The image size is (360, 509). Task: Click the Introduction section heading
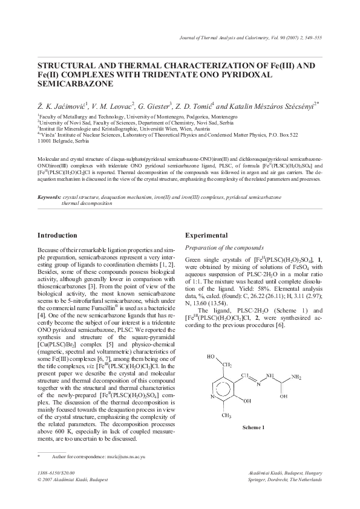pyautogui.click(x=57, y=235)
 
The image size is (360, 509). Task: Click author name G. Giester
pyautogui.click(x=155, y=104)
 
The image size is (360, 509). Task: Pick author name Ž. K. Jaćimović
pyautogui.click(x=62, y=104)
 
